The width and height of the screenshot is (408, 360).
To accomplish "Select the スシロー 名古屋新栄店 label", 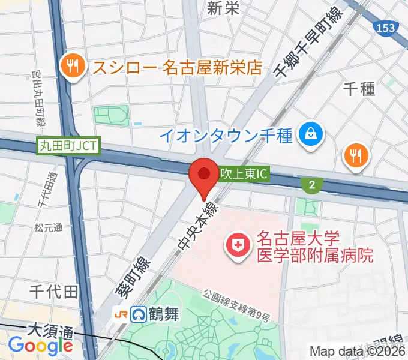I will click(x=177, y=66).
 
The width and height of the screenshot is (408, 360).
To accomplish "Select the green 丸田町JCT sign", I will click(x=68, y=146).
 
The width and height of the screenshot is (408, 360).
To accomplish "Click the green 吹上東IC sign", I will click(x=243, y=175).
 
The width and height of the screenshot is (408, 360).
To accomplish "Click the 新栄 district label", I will click(x=224, y=8).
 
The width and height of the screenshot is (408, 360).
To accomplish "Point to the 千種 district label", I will click(x=359, y=88).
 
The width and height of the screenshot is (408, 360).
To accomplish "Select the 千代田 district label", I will click(x=54, y=292).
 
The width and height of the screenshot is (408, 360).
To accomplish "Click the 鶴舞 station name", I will click(x=164, y=314).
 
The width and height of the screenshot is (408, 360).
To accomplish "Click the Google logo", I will click(x=40, y=346).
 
